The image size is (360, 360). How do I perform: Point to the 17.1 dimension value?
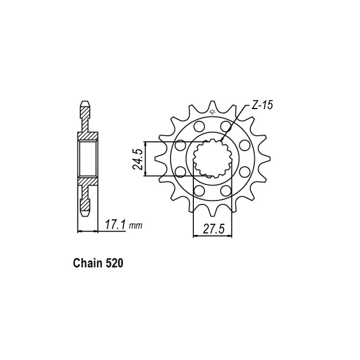click(x=115, y=225)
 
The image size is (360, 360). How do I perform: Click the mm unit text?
click(x=135, y=226)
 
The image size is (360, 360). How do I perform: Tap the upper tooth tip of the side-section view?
click(x=85, y=105)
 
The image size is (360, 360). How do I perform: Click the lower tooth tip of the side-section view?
click(x=85, y=214)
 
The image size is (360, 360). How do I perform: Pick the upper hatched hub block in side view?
click(x=88, y=136)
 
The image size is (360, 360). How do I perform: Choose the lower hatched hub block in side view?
click(x=88, y=182)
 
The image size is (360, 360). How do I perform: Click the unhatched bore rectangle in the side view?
click(x=88, y=159)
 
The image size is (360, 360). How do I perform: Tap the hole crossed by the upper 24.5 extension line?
click(x=180, y=146)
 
